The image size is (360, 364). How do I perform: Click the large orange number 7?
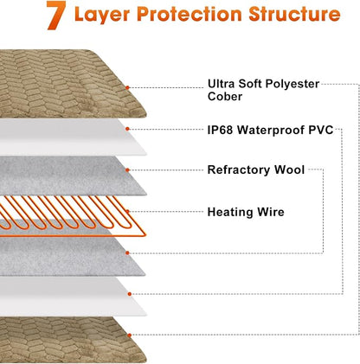click(57, 16)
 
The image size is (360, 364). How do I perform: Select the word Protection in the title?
click(190, 14)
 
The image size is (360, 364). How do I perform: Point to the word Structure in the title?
click(294, 15)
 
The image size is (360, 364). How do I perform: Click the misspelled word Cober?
click(225, 97)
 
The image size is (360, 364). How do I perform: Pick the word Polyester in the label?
click(292, 84)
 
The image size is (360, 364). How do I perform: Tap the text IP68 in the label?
click(220, 130)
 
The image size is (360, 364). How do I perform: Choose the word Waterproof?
click(271, 131)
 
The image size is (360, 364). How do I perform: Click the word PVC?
click(321, 130)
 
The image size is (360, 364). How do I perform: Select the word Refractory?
click(238, 170)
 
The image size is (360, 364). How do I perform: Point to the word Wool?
click(289, 169)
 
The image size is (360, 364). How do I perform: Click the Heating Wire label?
click(246, 212)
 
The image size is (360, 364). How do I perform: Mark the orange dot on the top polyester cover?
click(127, 87)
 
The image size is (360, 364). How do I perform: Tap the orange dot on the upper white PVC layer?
click(127, 129)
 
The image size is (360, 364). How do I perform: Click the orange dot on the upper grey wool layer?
click(127, 170)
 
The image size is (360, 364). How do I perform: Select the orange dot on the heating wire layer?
click(127, 211)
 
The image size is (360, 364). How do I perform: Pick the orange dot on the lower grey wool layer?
click(127, 252)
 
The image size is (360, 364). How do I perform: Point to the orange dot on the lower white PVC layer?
click(130, 294)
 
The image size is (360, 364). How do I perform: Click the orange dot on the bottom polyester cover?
click(130, 335)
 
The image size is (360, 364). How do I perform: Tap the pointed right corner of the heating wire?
click(145, 235)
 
